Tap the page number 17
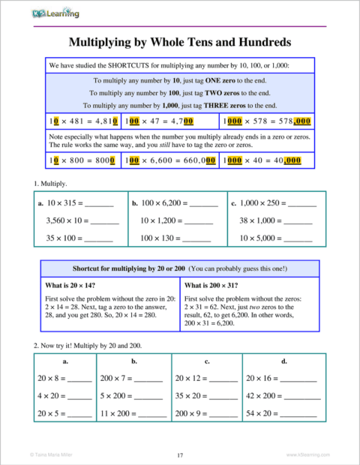click(180, 454)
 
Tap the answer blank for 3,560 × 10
click(105, 222)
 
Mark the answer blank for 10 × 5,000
click(298, 239)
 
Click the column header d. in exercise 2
click(284, 361)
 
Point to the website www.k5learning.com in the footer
click(309, 454)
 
